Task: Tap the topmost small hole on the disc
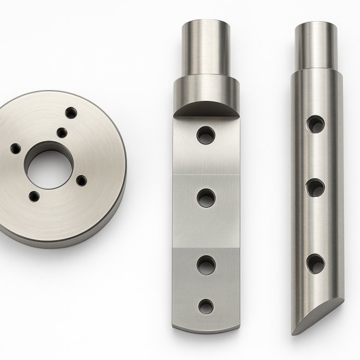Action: tap(70, 112)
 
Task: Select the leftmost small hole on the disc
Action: tap(16, 148)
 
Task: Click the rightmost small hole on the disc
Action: tap(83, 181)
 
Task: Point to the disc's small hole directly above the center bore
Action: tap(62, 132)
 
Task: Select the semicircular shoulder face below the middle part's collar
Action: tap(206, 110)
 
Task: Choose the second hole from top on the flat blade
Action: tap(206, 198)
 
